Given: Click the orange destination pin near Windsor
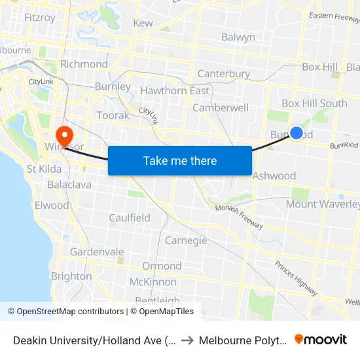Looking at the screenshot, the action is tap(64, 135).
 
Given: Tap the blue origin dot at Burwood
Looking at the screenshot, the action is tap(297, 133).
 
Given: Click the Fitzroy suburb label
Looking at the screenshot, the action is tap(39, 18).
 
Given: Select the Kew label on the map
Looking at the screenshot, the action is tap(143, 23).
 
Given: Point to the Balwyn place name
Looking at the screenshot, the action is tap(238, 37).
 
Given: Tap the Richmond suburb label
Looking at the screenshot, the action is tap(84, 64).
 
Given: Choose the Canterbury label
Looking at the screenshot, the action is tap(223, 74).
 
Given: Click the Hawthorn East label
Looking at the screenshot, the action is tap(175, 91).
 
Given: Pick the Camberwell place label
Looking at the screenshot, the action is tap(221, 107).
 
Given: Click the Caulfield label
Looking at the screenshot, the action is tap(130, 217).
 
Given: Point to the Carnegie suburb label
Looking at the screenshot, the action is tap(186, 240).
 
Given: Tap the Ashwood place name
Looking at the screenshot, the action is tap(274, 175).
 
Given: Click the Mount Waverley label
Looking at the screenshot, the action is tap(323, 204).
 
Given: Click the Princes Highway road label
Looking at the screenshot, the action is tap(297, 276).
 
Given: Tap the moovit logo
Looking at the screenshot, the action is tap(321, 340).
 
